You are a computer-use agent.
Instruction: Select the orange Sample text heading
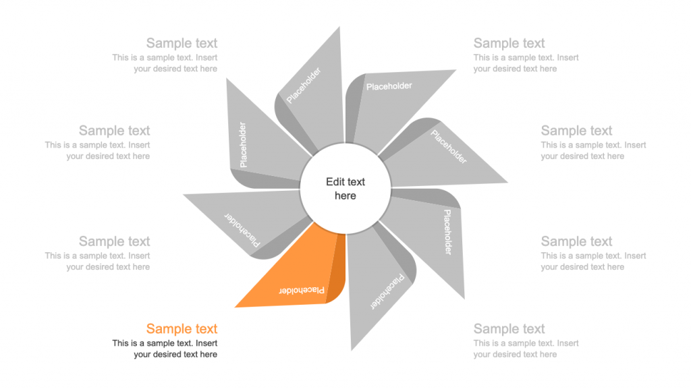[x=182, y=329]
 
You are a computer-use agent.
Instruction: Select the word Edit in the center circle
[x=335, y=182]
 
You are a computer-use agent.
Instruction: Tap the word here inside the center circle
[x=345, y=196]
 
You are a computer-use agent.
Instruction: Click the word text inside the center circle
[x=356, y=182]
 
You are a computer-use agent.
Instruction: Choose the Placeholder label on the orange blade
[x=302, y=291]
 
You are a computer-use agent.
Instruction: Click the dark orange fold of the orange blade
[x=337, y=268]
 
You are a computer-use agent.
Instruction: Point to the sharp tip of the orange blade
[x=236, y=307]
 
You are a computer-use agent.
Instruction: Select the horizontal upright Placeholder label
[x=389, y=86]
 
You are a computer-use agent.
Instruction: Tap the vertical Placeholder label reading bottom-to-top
[x=243, y=145]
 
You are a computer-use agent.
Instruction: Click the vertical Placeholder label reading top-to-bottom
[x=447, y=232]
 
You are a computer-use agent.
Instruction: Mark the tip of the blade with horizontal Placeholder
[x=455, y=70]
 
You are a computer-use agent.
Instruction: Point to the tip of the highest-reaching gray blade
[x=339, y=27]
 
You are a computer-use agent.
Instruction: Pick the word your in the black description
[x=142, y=355]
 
